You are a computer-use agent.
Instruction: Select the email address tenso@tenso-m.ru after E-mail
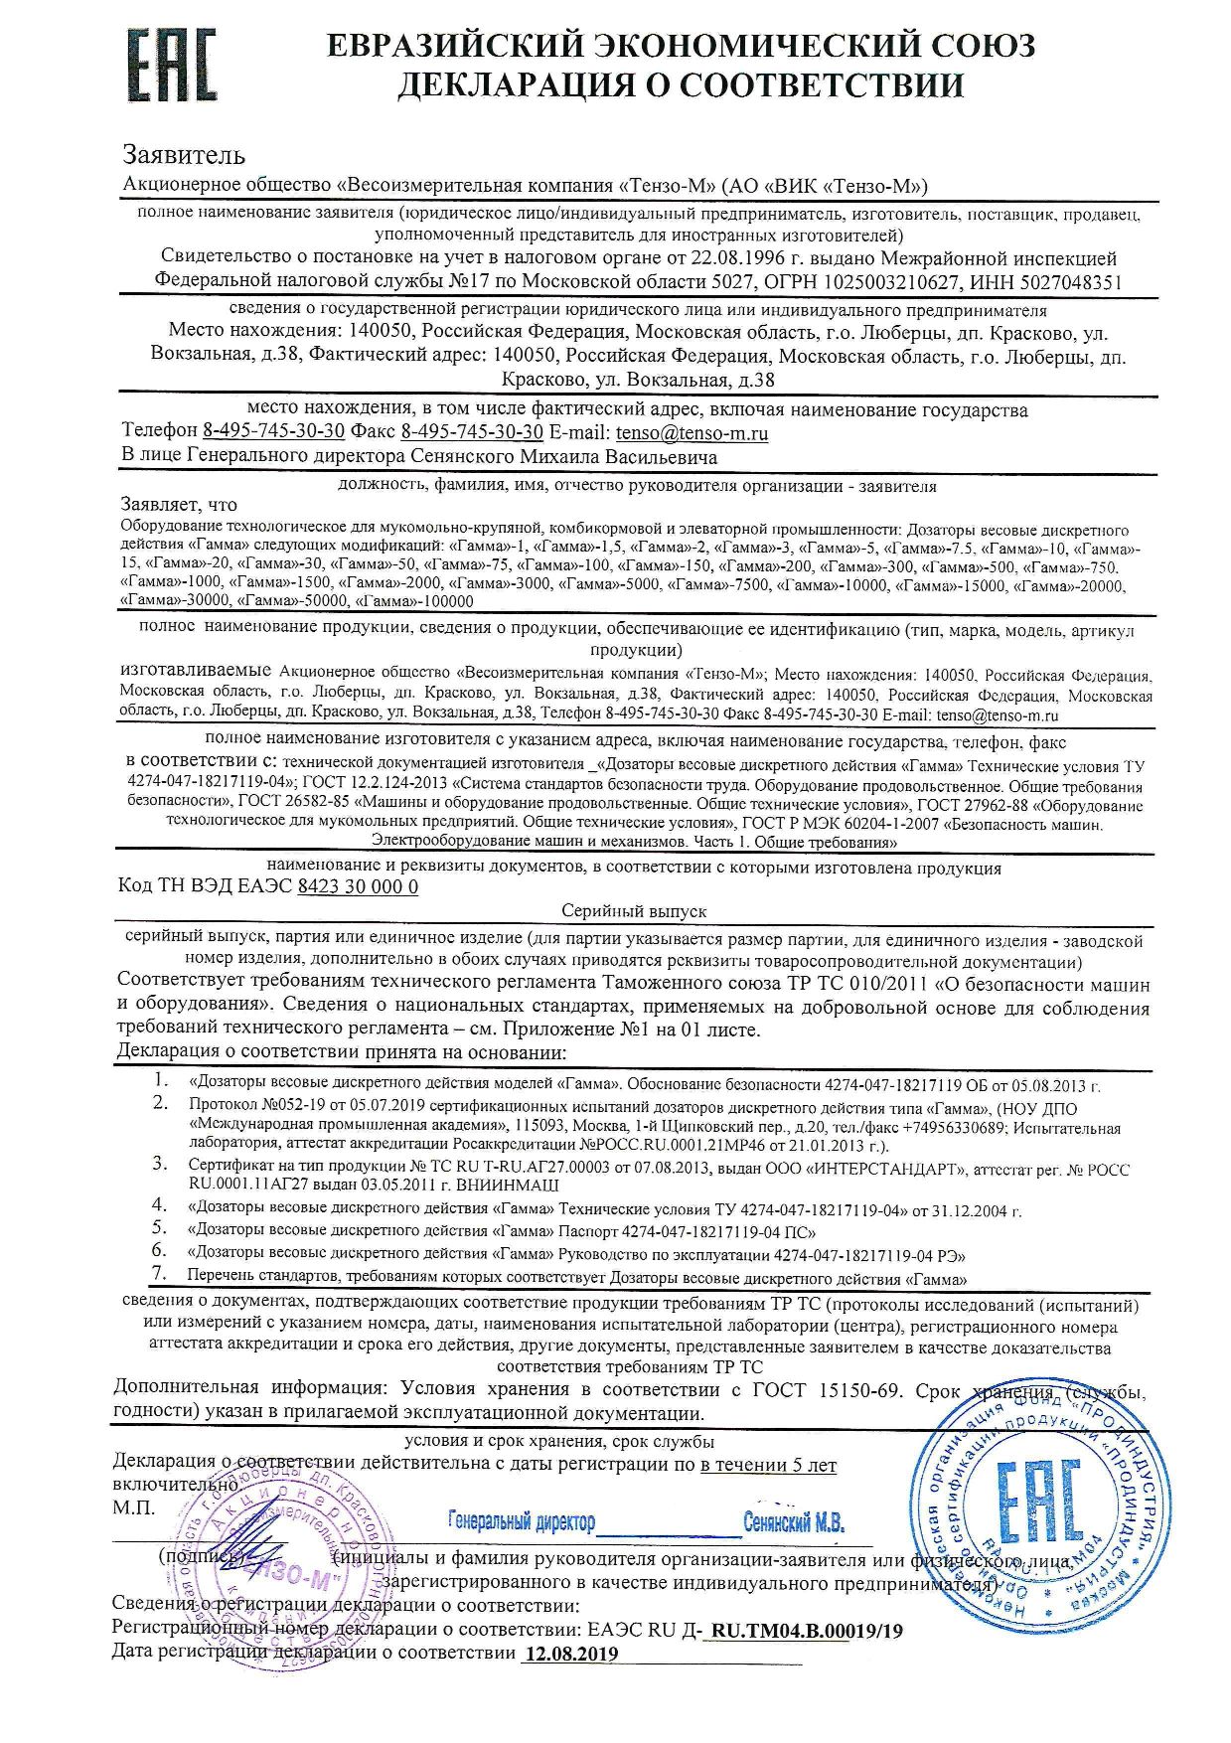click(x=692, y=433)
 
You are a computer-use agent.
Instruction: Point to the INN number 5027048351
click(x=1073, y=281)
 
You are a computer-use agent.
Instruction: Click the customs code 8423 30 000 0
click(x=358, y=887)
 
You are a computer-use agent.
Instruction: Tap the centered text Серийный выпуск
click(x=634, y=910)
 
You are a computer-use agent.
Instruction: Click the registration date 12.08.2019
click(x=570, y=1654)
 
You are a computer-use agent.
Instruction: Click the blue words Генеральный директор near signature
click(x=522, y=1522)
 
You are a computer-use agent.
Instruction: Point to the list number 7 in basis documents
click(x=157, y=1273)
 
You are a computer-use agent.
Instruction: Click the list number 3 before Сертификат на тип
click(x=158, y=1164)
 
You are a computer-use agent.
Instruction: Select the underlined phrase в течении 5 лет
click(x=768, y=1465)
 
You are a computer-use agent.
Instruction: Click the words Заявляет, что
click(x=179, y=505)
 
